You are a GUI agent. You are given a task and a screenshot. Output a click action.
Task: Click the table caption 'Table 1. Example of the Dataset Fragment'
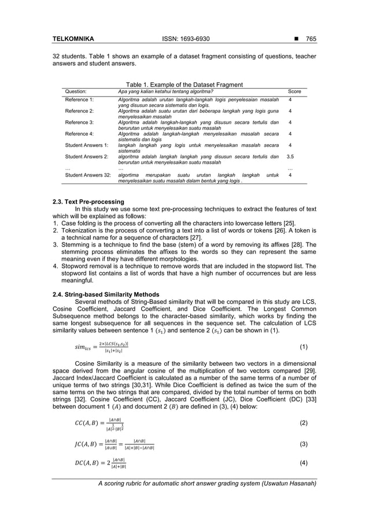pyautogui.click(x=184, y=84)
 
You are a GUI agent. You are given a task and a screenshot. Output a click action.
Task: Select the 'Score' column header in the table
pyautogui.click(x=294, y=91)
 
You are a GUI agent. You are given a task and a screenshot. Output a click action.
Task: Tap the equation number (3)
pyautogui.click(x=304, y=444)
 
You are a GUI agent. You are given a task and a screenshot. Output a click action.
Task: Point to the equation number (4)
pyautogui.click(x=304, y=464)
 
